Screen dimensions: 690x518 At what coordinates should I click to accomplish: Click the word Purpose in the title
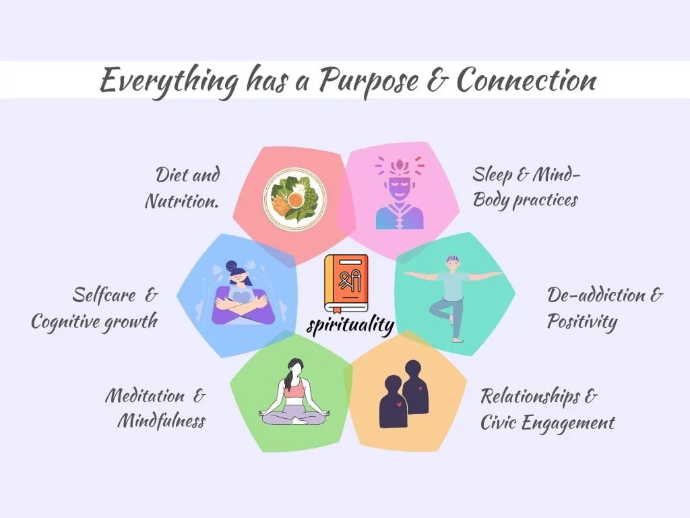[368, 81]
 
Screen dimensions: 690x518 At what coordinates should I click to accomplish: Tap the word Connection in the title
[526, 80]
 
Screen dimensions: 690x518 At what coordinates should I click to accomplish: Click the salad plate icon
[295, 199]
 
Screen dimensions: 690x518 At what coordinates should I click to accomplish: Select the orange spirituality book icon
[346, 284]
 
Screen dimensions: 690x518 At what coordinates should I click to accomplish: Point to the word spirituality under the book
[350, 326]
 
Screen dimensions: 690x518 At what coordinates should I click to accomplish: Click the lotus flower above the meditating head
[400, 166]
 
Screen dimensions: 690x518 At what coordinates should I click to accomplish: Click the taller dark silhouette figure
[415, 387]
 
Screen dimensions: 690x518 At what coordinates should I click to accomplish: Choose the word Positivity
[582, 322]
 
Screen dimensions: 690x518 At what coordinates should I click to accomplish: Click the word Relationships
[530, 396]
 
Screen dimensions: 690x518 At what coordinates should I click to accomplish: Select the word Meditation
[146, 395]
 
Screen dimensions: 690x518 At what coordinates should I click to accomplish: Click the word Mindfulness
[162, 421]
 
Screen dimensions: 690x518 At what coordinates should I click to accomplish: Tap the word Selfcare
[104, 295]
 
